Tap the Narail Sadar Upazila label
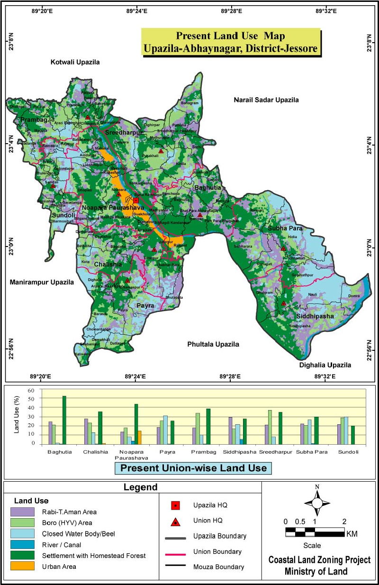click(x=266, y=100)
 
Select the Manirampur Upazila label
click(x=42, y=282)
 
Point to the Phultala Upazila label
click(x=213, y=344)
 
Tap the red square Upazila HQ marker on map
click(x=136, y=201)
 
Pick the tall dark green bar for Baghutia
click(x=64, y=420)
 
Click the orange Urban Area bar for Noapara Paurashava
click(x=139, y=437)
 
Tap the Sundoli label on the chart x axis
click(x=349, y=452)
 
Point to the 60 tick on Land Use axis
click(x=32, y=390)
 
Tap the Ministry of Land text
click(x=316, y=571)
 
